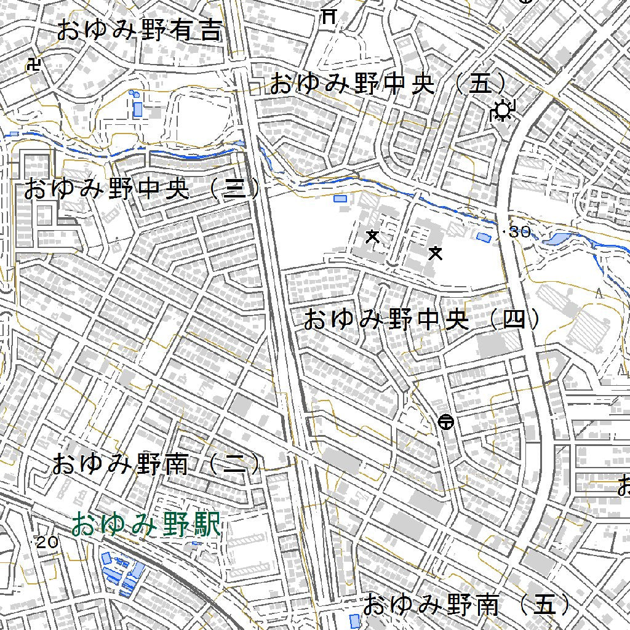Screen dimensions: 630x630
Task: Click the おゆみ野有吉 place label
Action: [139, 30]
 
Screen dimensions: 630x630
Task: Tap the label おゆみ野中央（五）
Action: [389, 84]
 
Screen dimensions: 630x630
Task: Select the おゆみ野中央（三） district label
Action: [142, 189]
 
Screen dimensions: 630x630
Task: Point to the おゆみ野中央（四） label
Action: [424, 320]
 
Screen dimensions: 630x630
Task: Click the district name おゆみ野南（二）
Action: [157, 464]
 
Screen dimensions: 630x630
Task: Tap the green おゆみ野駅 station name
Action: [145, 526]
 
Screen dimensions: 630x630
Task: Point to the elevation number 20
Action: [47, 542]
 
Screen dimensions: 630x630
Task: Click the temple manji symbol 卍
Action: [34, 65]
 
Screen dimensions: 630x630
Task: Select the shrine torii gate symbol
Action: [329, 17]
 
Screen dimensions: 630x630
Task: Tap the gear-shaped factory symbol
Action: [503, 111]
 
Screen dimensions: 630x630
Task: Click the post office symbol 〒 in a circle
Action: [446, 422]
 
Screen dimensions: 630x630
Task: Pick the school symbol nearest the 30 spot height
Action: [436, 252]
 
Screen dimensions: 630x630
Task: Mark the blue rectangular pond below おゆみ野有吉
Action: [138, 109]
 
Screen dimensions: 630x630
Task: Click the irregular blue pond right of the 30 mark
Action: [557, 238]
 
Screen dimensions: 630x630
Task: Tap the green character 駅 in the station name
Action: [208, 526]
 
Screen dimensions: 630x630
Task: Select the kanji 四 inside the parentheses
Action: [514, 320]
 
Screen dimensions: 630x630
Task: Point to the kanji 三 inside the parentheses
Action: [233, 189]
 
